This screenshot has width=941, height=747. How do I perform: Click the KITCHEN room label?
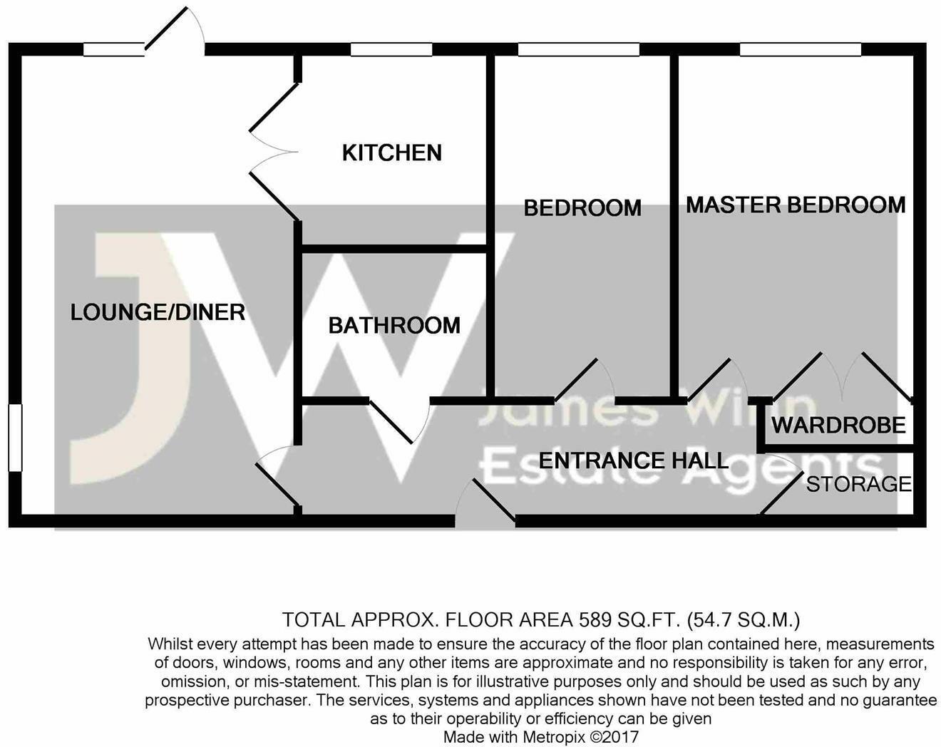[392, 153]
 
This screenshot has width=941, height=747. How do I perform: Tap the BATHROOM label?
[394, 326]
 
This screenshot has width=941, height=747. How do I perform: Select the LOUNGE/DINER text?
[158, 312]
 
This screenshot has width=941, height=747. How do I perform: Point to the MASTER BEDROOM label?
[796, 205]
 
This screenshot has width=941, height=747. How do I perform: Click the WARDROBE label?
[838, 425]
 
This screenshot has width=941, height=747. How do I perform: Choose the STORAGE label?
[859, 484]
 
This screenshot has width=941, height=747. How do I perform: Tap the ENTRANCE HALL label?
[634, 460]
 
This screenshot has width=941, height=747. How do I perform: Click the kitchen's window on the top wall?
[391, 49]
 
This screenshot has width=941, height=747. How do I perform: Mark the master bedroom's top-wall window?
[800, 49]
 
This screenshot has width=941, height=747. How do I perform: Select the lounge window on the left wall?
[15, 438]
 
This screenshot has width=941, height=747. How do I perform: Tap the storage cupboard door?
[782, 493]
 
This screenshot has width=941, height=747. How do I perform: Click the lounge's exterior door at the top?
[166, 28]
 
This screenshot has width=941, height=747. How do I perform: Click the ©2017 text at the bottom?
[614, 738]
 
